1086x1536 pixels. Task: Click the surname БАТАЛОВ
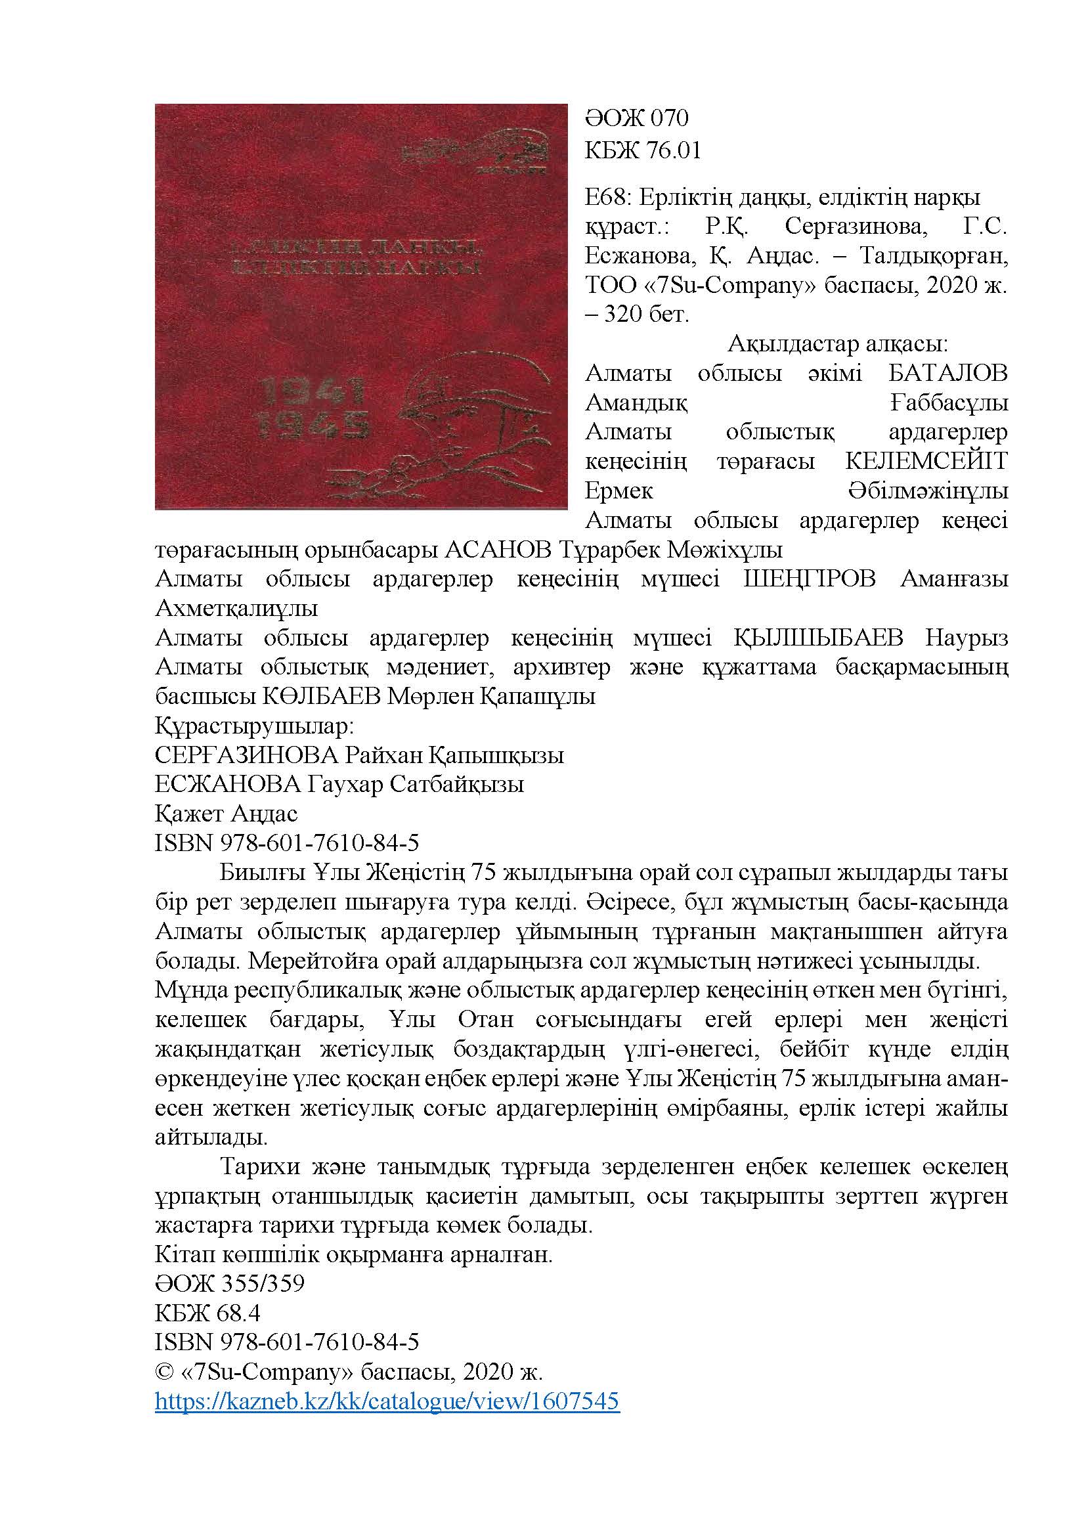click(944, 373)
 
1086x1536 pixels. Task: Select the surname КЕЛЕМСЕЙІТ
click(926, 462)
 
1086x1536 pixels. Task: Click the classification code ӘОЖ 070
click(636, 119)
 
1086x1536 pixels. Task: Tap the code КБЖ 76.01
click(643, 150)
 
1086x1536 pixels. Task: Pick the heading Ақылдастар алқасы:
click(837, 345)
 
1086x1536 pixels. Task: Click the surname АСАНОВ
click(499, 550)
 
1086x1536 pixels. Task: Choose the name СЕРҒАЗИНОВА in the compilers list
click(247, 756)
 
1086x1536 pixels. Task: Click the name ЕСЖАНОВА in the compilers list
click(227, 785)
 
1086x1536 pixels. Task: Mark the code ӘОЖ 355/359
click(229, 1283)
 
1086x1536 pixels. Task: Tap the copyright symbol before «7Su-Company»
click(164, 1372)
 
